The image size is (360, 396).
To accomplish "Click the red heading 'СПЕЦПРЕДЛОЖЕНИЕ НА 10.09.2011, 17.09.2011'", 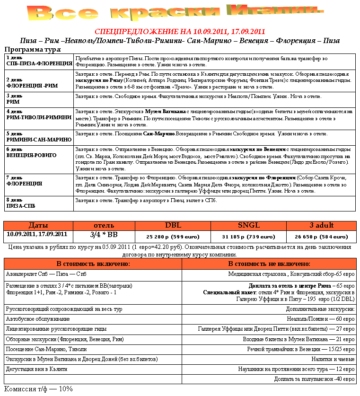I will click(180, 32).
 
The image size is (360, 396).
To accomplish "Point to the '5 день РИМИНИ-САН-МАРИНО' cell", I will click(39, 137).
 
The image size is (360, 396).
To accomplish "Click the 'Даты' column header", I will click(38, 225).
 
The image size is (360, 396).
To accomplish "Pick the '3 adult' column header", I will click(321, 225).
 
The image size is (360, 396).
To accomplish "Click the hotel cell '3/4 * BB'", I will click(104, 235).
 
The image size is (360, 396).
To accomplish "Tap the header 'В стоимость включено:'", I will click(93, 264).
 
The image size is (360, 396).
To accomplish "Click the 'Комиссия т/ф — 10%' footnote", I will click(38, 389).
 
